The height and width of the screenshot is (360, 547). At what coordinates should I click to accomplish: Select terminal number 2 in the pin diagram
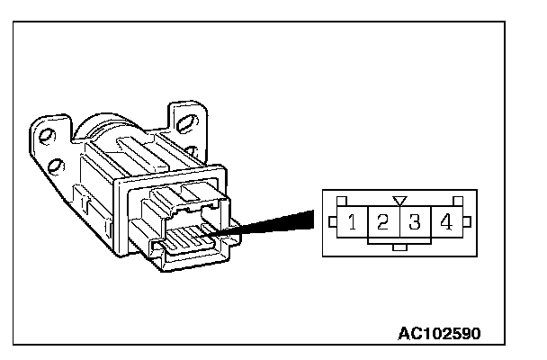click(384, 221)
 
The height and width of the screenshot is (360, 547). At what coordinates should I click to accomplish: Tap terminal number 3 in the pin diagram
click(416, 221)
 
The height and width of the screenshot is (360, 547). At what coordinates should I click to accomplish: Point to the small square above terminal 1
click(340, 200)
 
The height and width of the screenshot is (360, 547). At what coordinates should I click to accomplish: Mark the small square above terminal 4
click(459, 200)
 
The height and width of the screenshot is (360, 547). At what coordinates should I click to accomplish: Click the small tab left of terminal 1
click(333, 221)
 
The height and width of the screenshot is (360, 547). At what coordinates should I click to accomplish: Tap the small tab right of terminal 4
click(467, 221)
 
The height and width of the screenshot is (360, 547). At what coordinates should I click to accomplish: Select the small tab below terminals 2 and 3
click(400, 248)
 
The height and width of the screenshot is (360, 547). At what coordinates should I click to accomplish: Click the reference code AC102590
click(440, 332)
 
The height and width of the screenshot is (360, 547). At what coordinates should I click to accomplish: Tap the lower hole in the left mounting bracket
click(56, 165)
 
